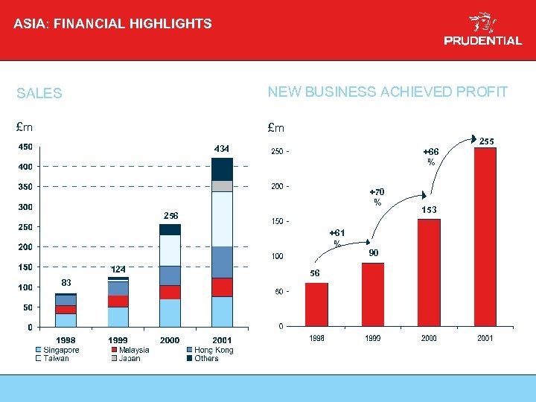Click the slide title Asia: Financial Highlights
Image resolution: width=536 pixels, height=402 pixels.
tap(112, 24)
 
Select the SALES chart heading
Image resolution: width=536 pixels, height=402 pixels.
tap(39, 94)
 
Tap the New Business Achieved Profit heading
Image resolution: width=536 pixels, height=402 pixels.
tap(387, 92)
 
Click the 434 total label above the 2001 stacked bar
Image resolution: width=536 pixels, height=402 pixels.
tap(222, 148)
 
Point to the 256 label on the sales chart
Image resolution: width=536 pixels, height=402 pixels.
tap(171, 215)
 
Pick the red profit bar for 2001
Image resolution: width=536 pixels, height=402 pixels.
tap(485, 237)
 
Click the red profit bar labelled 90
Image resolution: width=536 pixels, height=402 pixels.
tap(373, 294)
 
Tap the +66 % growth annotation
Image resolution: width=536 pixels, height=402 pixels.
tap(430, 156)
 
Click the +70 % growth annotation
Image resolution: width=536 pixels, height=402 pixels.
tap(377, 197)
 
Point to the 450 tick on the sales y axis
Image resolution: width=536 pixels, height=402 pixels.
tap(25, 147)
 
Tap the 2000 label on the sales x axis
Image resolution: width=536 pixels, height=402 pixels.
tap(170, 340)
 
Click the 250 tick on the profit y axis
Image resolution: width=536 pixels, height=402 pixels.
tap(276, 152)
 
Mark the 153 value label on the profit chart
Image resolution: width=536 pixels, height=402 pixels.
tap(429, 211)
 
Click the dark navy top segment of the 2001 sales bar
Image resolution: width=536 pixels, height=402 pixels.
tap(222, 169)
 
